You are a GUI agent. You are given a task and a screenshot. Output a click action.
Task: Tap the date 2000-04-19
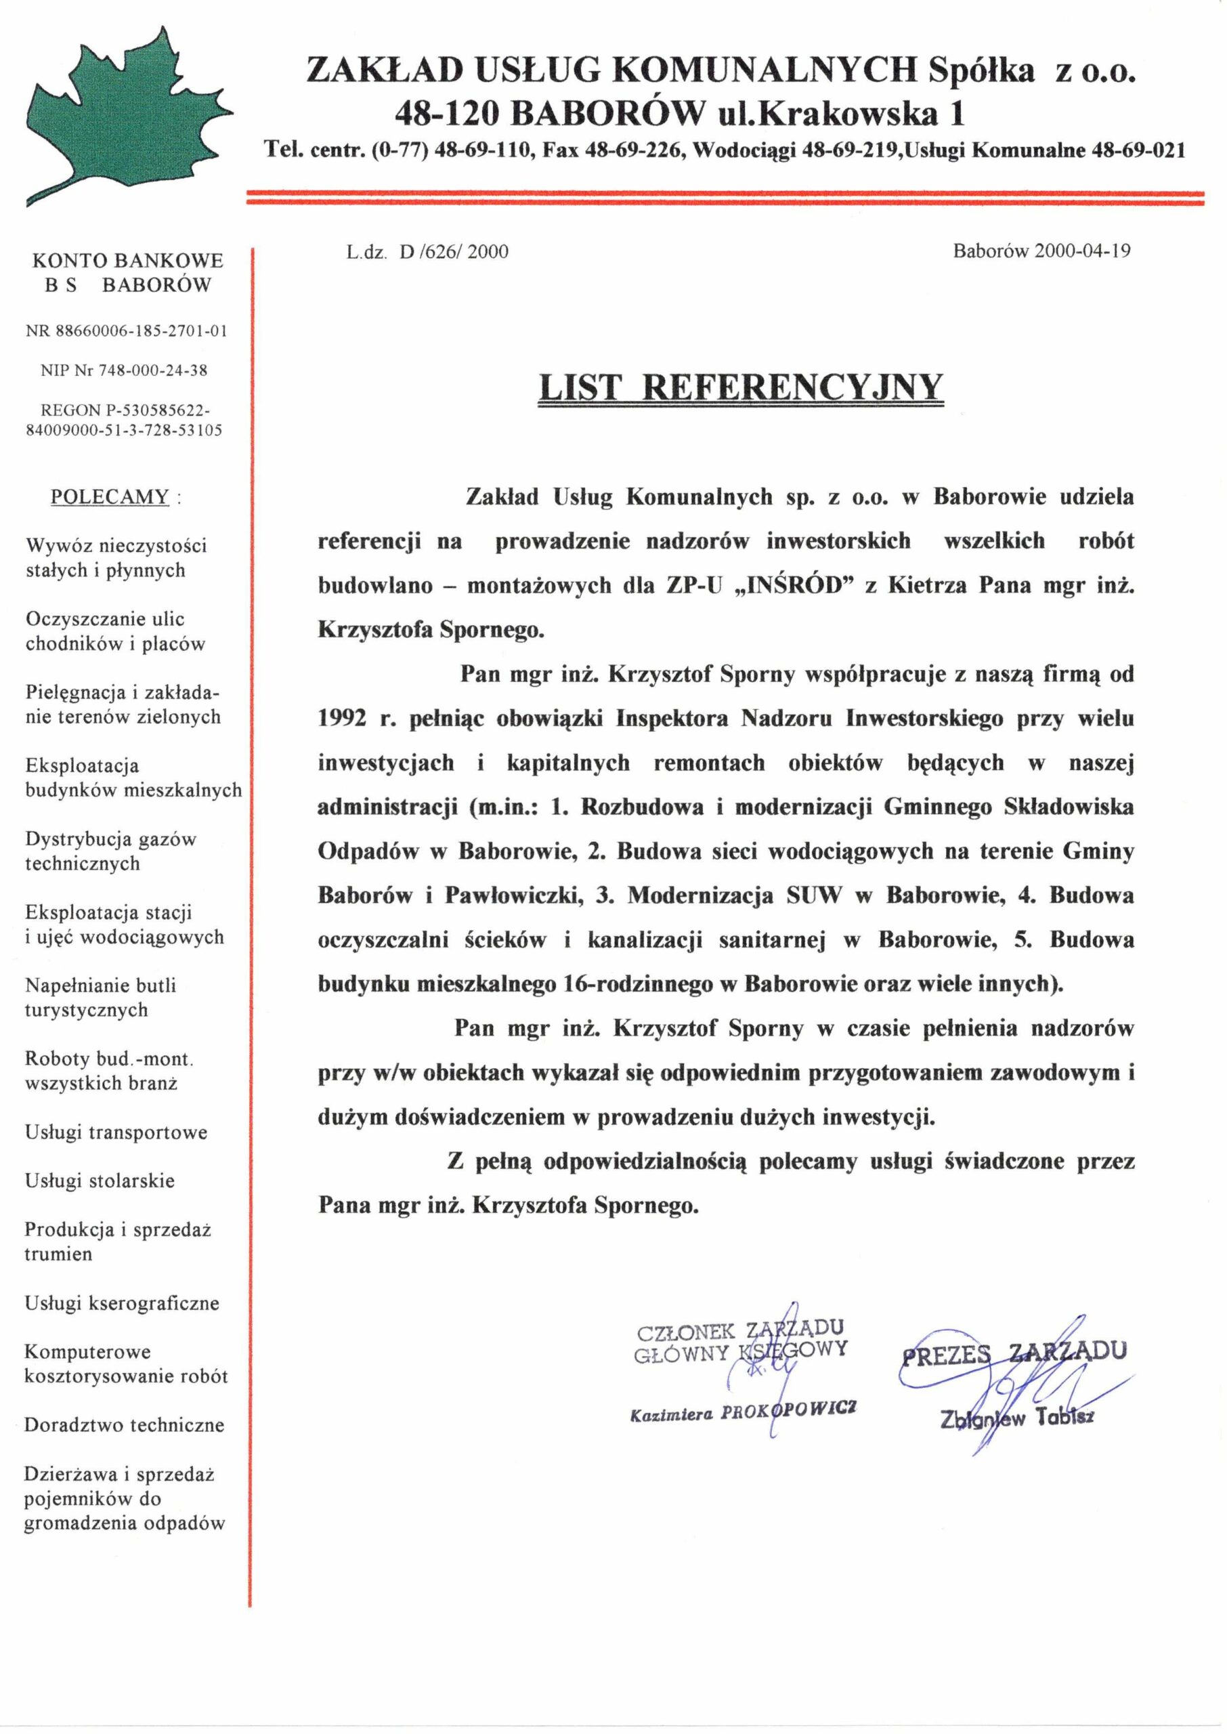coord(1082,251)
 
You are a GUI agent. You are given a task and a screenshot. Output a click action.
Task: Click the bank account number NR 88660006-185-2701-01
coord(126,331)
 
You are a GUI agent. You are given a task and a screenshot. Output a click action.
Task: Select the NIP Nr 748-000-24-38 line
coord(124,371)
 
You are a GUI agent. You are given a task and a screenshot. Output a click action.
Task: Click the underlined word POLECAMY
coord(110,497)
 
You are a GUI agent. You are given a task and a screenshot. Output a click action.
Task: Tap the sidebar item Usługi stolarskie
coord(100,1180)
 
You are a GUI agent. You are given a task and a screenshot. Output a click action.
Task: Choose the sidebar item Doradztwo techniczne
coord(125,1424)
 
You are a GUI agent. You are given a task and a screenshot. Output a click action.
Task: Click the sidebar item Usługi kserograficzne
coord(122,1303)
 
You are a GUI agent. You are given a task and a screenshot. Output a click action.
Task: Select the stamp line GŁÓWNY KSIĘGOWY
coord(740,1352)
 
